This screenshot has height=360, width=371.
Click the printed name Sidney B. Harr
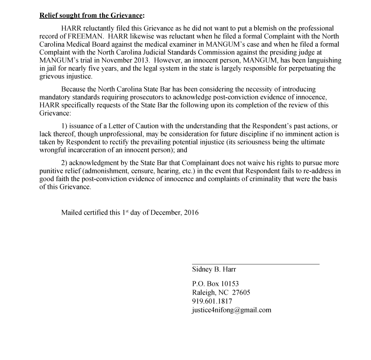click(x=214, y=270)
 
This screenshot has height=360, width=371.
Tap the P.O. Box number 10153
click(x=230, y=284)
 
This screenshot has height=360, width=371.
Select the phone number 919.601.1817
click(x=212, y=301)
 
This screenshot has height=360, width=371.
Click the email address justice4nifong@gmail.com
click(x=231, y=310)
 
